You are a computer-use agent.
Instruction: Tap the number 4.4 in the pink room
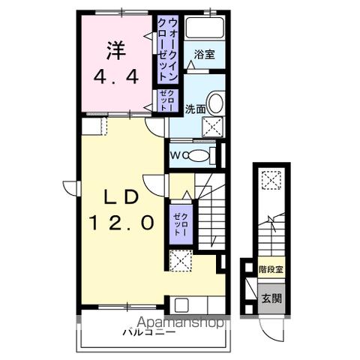[x=117, y=76]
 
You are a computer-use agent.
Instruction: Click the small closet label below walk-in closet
[x=166, y=100]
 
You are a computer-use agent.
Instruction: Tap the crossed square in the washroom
[x=213, y=128]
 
